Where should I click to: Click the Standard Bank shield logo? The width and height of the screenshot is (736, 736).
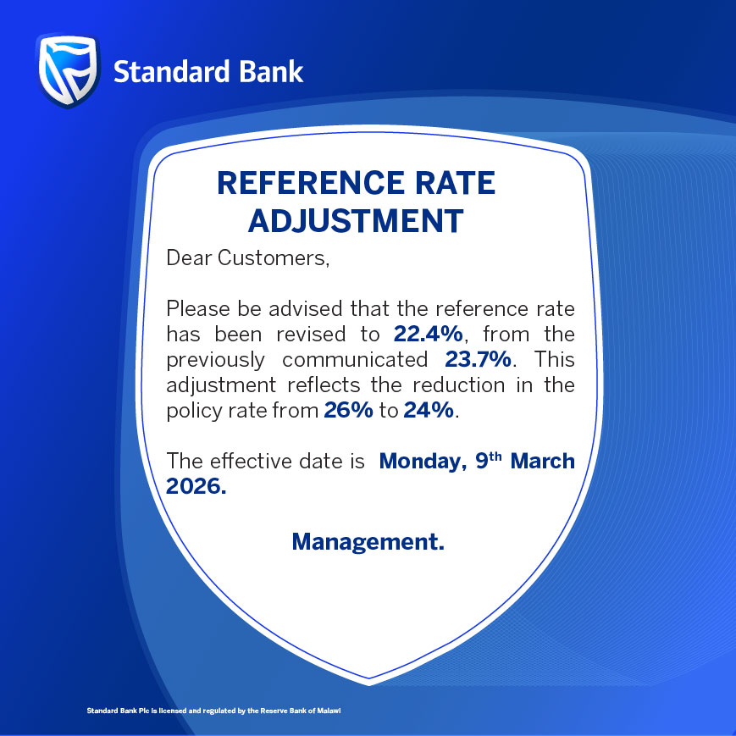[69, 71]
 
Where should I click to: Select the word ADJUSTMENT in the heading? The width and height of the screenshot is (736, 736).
[356, 220]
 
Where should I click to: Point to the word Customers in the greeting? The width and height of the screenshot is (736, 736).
[273, 257]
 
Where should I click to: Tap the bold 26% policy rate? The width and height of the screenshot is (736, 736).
[344, 412]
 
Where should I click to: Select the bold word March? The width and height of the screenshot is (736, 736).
[541, 462]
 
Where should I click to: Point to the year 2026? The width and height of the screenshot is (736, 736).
[196, 489]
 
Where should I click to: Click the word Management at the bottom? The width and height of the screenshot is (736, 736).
[368, 540]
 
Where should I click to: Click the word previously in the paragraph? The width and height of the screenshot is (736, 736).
[217, 359]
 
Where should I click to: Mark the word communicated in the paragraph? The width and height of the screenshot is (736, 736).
[356, 359]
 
